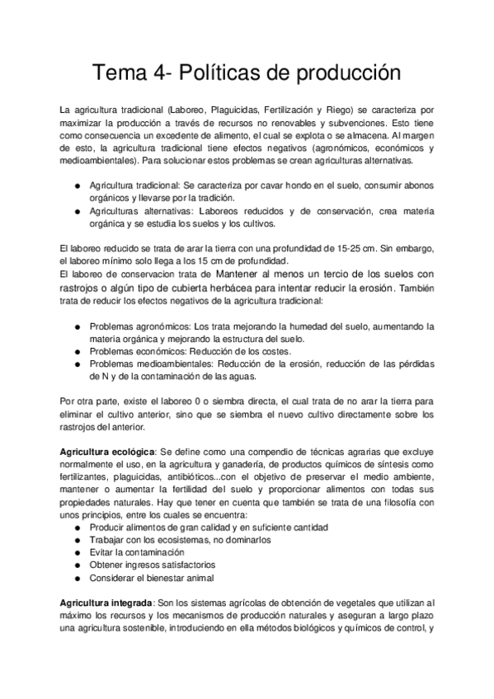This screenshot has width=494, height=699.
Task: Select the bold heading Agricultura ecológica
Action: pyautogui.click(x=107, y=453)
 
